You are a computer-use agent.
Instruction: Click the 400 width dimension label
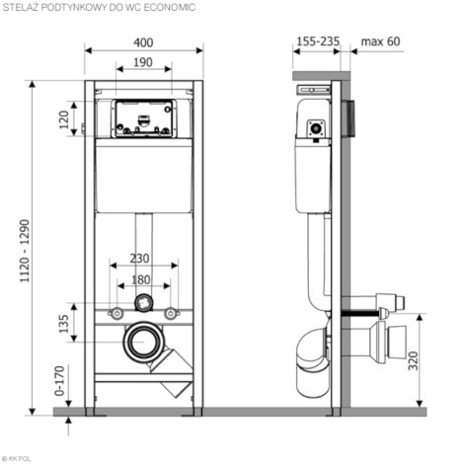click(143, 42)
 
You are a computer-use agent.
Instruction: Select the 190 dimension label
click(143, 62)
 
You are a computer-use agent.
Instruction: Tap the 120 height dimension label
click(64, 119)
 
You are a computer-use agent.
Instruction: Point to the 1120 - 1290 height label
click(25, 251)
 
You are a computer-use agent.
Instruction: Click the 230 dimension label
click(139, 259)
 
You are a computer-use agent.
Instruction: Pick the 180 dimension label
click(141, 279)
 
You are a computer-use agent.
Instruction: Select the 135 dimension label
click(64, 324)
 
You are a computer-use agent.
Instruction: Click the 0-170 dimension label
click(59, 380)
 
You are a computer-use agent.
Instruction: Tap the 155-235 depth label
click(318, 41)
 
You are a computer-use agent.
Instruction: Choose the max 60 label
click(380, 41)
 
